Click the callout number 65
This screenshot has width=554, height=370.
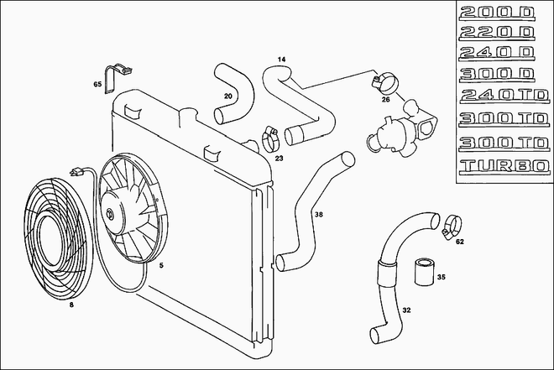click(x=97, y=84)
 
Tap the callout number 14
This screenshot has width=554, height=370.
click(x=281, y=60)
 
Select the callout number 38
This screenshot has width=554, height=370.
click(x=319, y=214)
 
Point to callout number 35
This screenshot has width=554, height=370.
click(x=441, y=277)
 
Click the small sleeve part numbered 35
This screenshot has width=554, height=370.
click(x=424, y=272)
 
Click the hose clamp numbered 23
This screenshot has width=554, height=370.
click(x=270, y=138)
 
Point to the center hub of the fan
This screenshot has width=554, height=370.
click(x=111, y=214)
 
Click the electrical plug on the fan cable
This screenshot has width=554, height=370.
click(x=76, y=172)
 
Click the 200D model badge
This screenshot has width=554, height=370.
click(x=497, y=13)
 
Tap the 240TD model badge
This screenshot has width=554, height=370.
click(x=504, y=96)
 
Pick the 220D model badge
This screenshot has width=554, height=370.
click(x=496, y=33)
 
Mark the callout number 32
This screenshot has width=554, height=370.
click(x=406, y=310)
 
